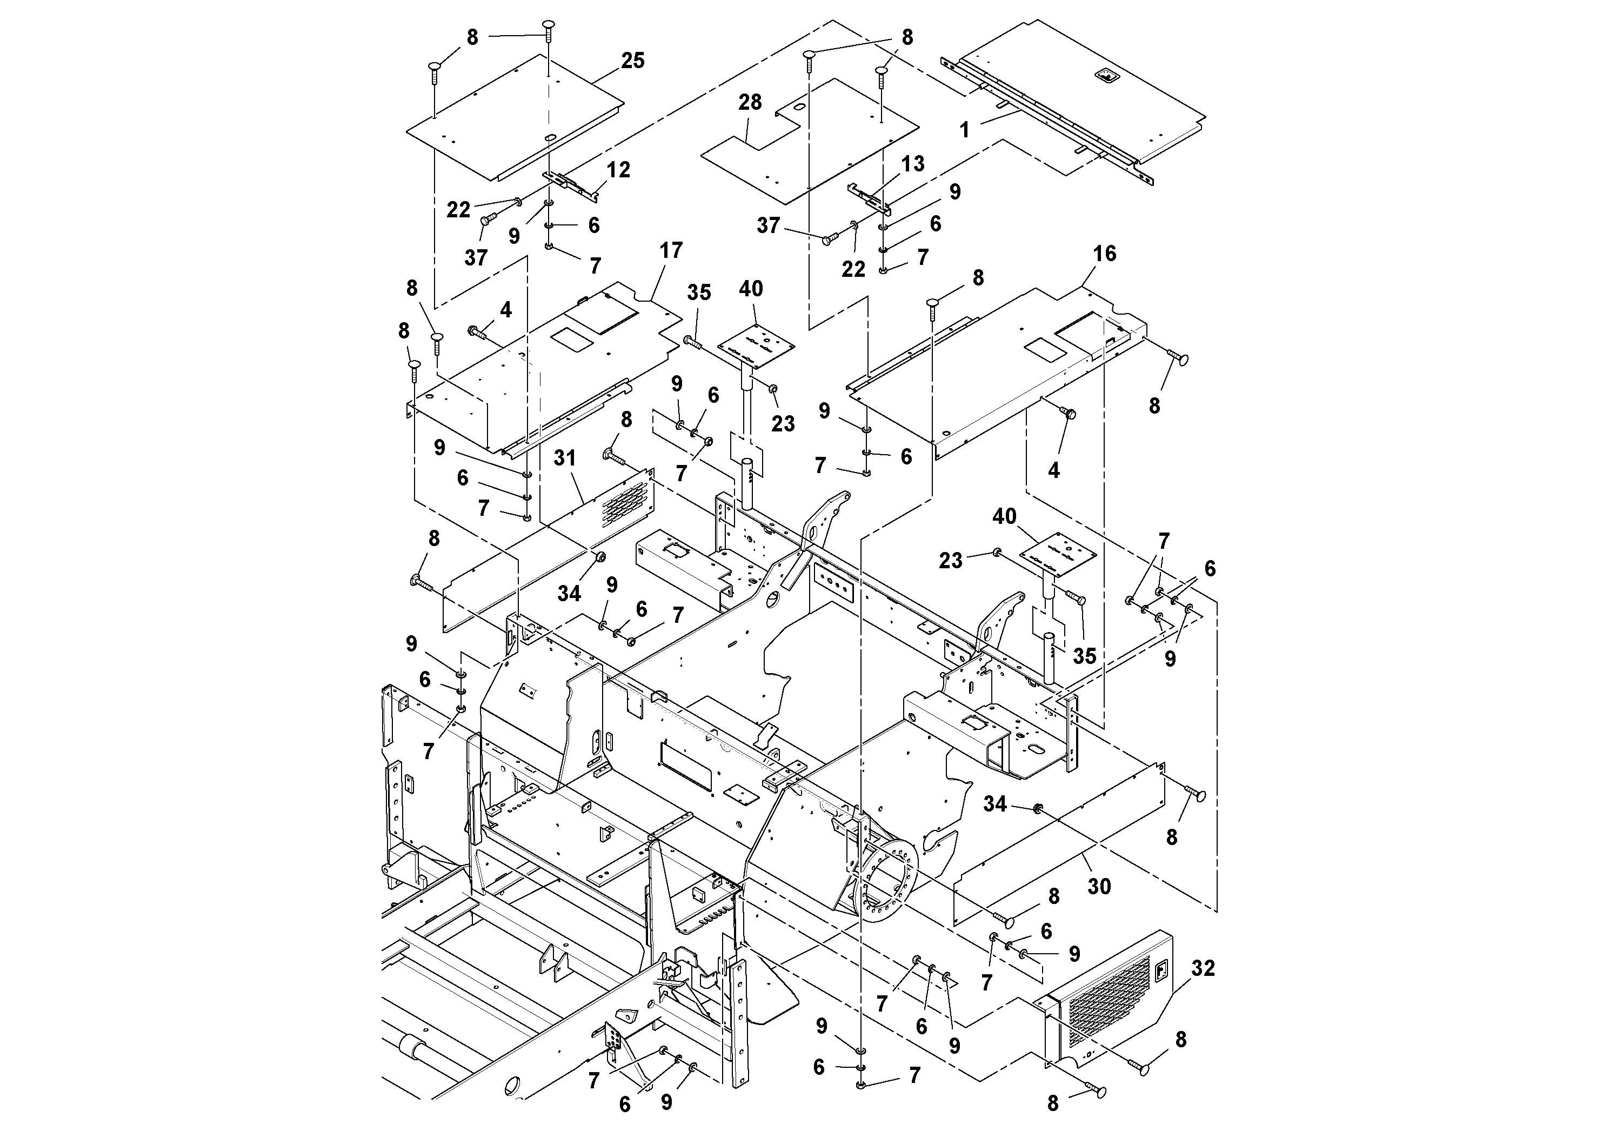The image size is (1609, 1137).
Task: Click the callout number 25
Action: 632,61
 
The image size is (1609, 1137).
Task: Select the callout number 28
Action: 750,102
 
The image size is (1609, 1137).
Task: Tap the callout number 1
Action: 964,130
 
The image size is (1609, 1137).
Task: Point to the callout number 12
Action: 619,170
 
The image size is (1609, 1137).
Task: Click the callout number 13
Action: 912,164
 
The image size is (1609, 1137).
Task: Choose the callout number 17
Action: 671,250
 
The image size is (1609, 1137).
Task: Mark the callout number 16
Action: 1104,254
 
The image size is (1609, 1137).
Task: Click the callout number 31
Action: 565,458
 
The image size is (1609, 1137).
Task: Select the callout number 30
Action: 1099,887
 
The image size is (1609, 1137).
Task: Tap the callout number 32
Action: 1203,968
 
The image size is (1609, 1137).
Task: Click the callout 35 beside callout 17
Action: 699,293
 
